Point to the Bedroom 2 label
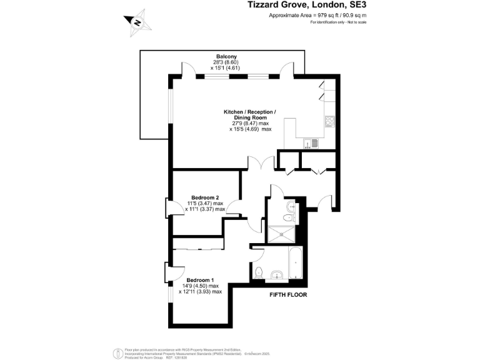click(205, 197)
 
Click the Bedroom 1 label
click(201, 279)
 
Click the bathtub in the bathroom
click(294, 263)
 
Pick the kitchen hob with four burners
click(329, 122)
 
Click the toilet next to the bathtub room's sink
click(276, 273)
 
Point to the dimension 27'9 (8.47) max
click(250, 123)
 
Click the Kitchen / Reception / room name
click(250, 112)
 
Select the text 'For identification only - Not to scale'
click(337, 22)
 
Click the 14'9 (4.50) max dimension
click(201, 286)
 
